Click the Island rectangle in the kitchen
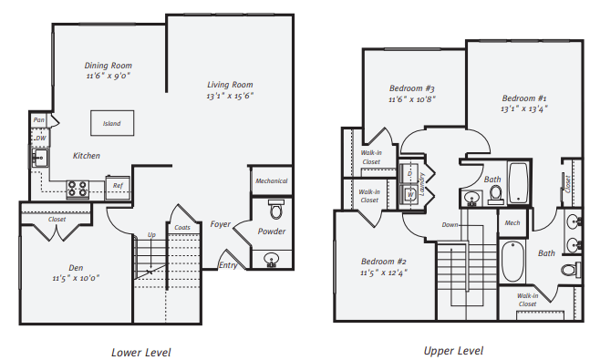(111, 123)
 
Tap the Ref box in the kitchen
(117, 187)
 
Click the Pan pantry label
(38, 119)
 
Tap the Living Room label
(229, 84)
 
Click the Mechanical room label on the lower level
(271, 181)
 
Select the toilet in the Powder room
(276, 209)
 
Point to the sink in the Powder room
(271, 260)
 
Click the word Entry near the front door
(228, 265)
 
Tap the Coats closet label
(182, 227)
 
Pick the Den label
(77, 268)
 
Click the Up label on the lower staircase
(151, 235)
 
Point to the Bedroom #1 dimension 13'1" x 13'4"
(524, 108)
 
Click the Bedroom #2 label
(383, 260)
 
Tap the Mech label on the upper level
(512, 221)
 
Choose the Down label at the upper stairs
(450, 224)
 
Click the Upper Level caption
(453, 350)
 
